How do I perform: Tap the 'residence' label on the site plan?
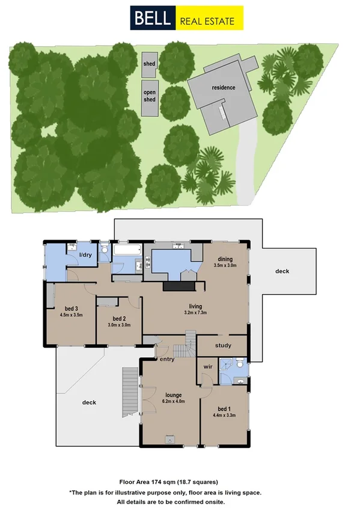click(223, 88)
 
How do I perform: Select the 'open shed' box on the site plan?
click(150, 96)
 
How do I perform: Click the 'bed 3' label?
click(70, 309)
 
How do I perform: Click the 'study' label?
click(222, 345)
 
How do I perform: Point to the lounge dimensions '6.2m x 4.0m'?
click(169, 401)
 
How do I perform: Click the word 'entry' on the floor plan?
click(166, 359)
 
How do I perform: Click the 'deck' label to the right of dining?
click(282, 271)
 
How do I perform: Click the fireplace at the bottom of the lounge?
click(170, 439)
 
